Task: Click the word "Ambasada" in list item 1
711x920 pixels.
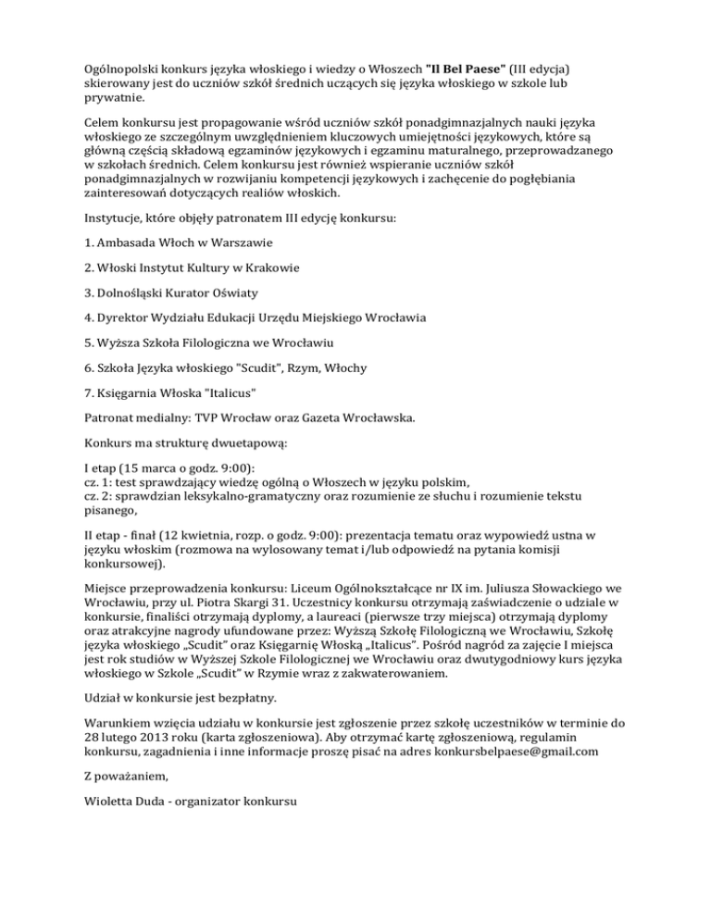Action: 119,242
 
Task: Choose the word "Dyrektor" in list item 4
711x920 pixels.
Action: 118,318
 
